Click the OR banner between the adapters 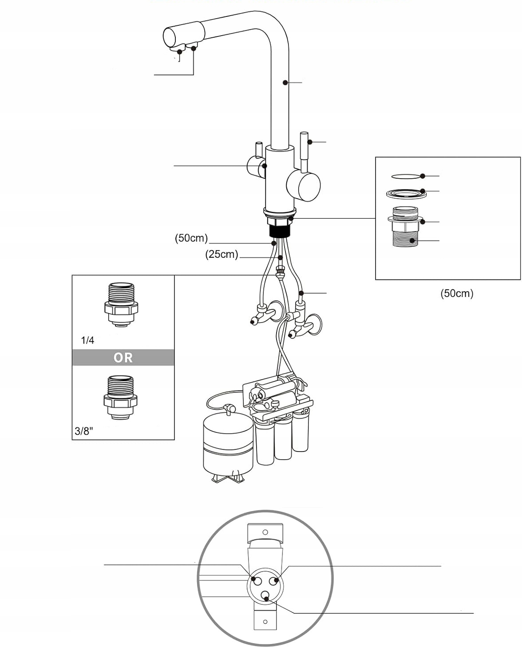[123, 357]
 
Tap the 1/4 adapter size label [87, 340]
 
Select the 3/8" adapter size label [84, 431]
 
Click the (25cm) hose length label [221, 255]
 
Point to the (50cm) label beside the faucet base [191, 238]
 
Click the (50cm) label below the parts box [457, 293]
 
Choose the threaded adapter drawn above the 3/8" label [121, 397]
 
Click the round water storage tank [228, 447]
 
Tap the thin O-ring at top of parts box [405, 176]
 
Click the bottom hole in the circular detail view [265, 596]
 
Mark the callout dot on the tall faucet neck [284, 82]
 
